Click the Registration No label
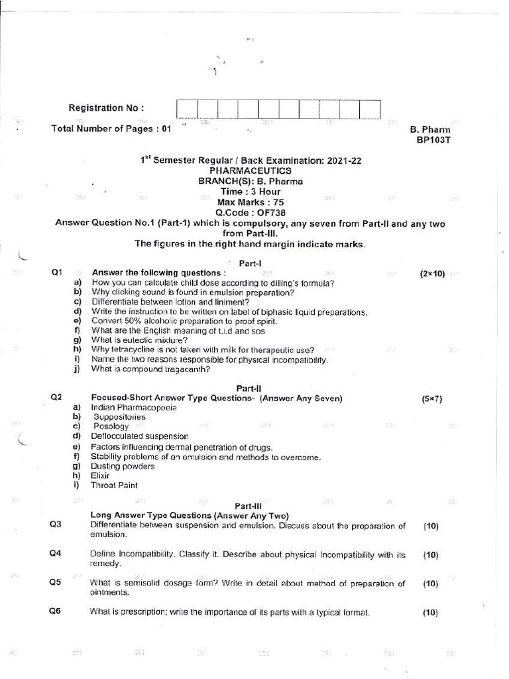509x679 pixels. point(106,108)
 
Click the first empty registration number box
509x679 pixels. point(187,109)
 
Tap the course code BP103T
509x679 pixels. point(433,140)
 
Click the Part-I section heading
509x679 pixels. point(251,263)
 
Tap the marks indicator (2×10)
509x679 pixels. point(432,273)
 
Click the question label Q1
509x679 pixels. point(56,273)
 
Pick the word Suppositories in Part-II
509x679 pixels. point(119,417)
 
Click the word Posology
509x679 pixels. point(111,426)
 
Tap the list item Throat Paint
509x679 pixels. point(114,485)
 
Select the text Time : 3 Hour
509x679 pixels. point(251,191)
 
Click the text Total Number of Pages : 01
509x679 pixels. point(111,129)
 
